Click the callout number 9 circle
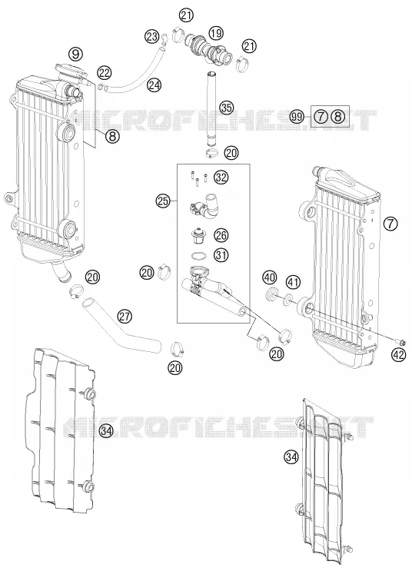75,55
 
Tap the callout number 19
216,34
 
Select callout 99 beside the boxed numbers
297,117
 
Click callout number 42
399,355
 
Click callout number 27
125,316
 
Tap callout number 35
226,108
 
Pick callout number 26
221,235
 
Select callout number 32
221,178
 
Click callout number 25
163,201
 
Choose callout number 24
154,85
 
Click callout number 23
151,36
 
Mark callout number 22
105,73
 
